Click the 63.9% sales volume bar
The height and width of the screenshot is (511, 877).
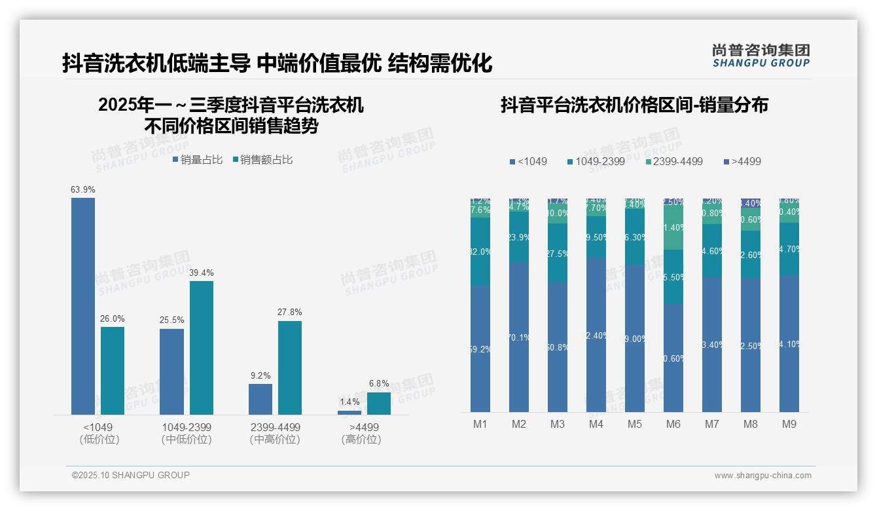click(83, 306)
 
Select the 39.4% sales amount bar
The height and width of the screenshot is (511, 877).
click(202, 348)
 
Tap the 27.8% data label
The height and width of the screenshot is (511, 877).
click(289, 312)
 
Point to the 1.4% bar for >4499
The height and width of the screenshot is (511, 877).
click(349, 413)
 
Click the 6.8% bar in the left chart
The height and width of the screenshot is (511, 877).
click(378, 404)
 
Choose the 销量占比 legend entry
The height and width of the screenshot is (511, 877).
click(197, 159)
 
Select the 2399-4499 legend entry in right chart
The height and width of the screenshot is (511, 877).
click(673, 161)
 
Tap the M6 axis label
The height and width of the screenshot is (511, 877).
click(673, 424)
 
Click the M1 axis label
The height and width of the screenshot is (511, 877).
click(480, 424)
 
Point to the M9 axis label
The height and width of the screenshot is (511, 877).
click(789, 424)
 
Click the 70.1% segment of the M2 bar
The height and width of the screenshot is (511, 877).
click(519, 337)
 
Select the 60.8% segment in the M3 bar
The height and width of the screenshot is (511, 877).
click(558, 347)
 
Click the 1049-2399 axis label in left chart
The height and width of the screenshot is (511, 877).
click(187, 427)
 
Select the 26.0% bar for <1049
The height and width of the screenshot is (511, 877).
click(113, 371)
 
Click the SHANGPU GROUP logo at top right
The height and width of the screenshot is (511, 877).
click(761, 56)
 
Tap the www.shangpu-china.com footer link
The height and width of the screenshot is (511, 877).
click(762, 476)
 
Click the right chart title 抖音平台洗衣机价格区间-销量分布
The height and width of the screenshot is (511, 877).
click(634, 105)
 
